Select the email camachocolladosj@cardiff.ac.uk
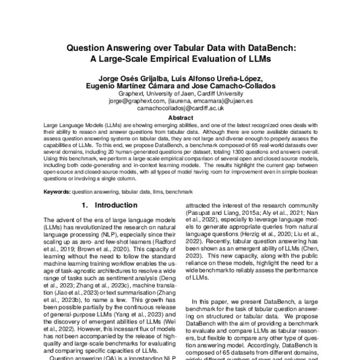tap(180, 109)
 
